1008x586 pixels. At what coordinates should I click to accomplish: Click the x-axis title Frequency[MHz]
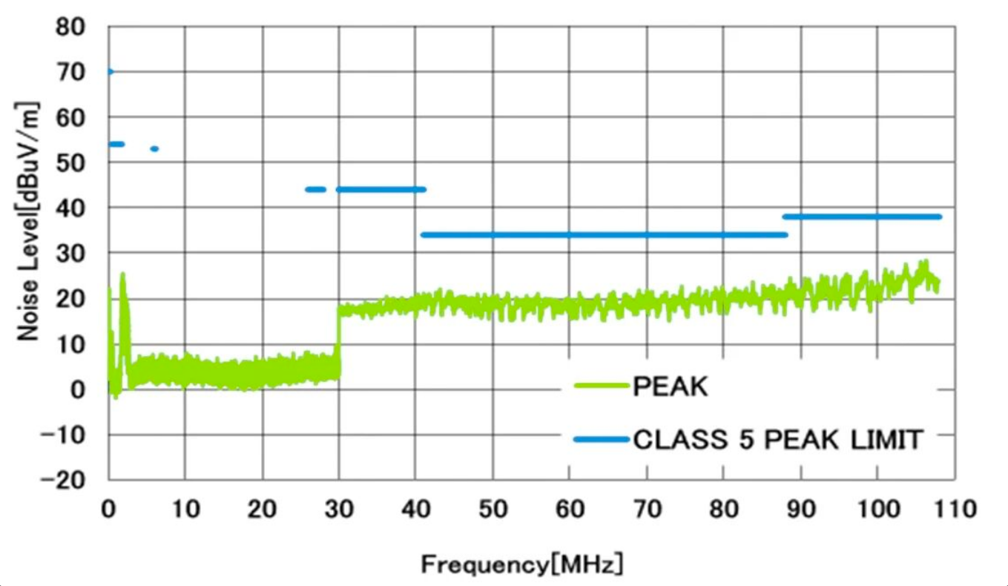(x=522, y=564)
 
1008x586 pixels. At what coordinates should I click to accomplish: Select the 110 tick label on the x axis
(x=955, y=510)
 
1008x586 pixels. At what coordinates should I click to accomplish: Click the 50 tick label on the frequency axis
(x=493, y=510)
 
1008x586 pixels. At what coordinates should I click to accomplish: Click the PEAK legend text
(x=671, y=386)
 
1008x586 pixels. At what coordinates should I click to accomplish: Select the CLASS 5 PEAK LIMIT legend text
(x=778, y=440)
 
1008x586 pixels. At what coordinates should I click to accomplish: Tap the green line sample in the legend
(x=602, y=386)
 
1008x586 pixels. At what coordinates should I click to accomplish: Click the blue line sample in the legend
(x=602, y=440)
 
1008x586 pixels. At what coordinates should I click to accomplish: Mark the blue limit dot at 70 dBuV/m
(x=110, y=72)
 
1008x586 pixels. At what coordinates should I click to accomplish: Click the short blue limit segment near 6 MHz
(x=154, y=149)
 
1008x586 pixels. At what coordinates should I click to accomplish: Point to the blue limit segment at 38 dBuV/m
(x=862, y=217)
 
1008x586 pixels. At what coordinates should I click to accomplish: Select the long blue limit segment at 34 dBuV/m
(x=604, y=235)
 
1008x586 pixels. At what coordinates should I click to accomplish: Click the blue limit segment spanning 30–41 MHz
(x=381, y=190)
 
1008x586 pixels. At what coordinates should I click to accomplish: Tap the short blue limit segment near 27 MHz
(x=316, y=190)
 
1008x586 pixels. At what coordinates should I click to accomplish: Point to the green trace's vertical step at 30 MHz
(x=339, y=334)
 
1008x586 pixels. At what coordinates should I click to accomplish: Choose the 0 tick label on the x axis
(x=109, y=510)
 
